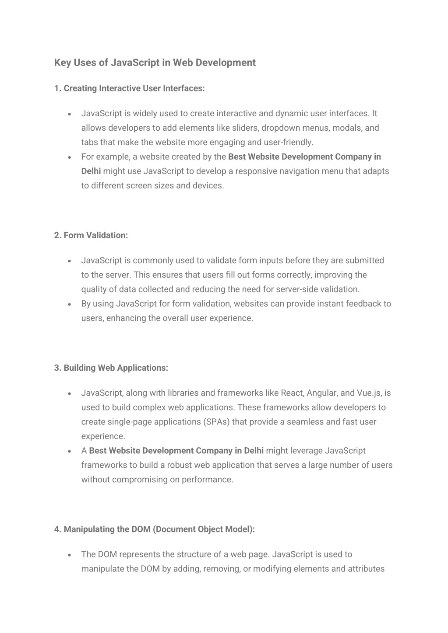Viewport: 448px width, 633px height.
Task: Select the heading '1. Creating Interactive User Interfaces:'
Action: tap(129, 88)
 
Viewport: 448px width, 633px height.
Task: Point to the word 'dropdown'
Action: tap(280, 128)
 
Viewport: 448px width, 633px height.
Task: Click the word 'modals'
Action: tap(346, 128)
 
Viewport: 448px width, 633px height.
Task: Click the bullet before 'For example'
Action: tap(70, 157)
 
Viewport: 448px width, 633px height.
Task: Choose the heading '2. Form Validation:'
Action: tap(91, 235)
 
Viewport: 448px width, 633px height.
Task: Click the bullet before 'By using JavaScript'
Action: tap(70, 304)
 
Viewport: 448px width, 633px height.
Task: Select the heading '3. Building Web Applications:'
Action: tap(111, 368)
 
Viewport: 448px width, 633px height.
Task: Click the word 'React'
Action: tap(292, 393)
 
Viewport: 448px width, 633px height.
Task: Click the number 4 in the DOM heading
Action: tap(57, 529)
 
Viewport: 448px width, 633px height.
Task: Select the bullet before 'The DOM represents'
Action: tap(70, 554)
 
